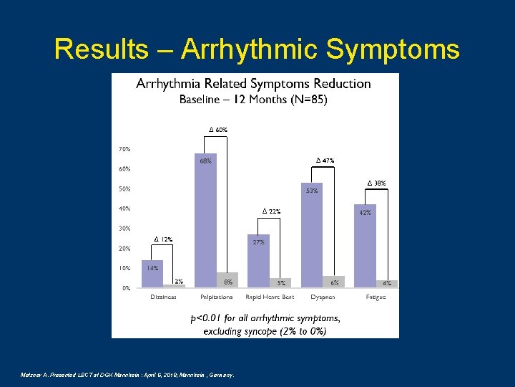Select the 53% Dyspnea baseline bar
point(312,236)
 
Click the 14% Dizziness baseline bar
point(152,274)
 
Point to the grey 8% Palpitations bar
point(227,280)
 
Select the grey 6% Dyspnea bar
point(334,282)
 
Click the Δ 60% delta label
point(218,130)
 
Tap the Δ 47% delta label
point(325,160)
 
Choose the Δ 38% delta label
point(377,183)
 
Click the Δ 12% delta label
point(164,239)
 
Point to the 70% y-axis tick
point(124,149)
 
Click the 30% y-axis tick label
point(124,229)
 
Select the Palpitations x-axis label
point(216,297)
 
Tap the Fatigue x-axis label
point(376,297)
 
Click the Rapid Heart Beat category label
point(270,297)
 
